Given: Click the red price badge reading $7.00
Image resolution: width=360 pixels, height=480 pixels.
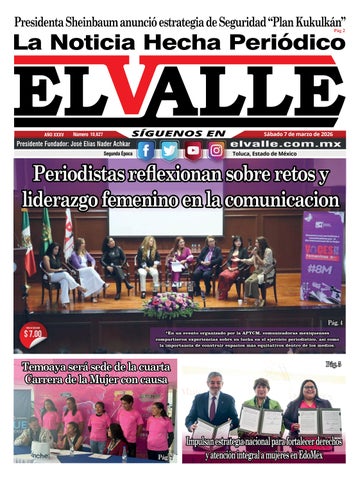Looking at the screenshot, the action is (32, 333).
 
